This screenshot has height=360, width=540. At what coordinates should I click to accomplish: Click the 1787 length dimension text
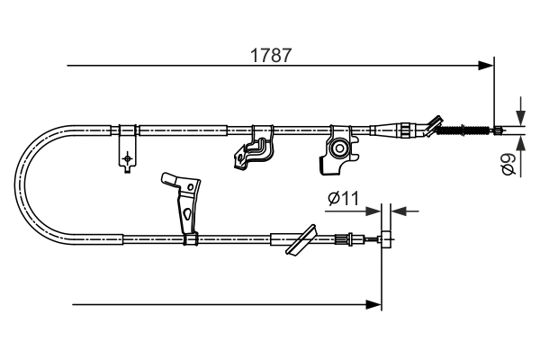pyautogui.click(x=271, y=54)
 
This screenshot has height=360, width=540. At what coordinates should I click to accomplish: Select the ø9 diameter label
pyautogui.click(x=509, y=165)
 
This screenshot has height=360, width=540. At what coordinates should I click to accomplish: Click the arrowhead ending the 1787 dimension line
pyautogui.click(x=487, y=65)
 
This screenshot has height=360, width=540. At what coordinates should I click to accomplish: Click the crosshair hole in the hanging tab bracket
pyautogui.click(x=128, y=158)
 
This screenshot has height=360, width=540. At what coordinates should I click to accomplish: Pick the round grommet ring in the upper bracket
pyautogui.click(x=339, y=148)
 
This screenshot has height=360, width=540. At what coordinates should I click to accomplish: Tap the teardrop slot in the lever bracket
pyautogui.click(x=185, y=214)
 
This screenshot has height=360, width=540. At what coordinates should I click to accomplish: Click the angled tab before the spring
pyautogui.click(x=435, y=123)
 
